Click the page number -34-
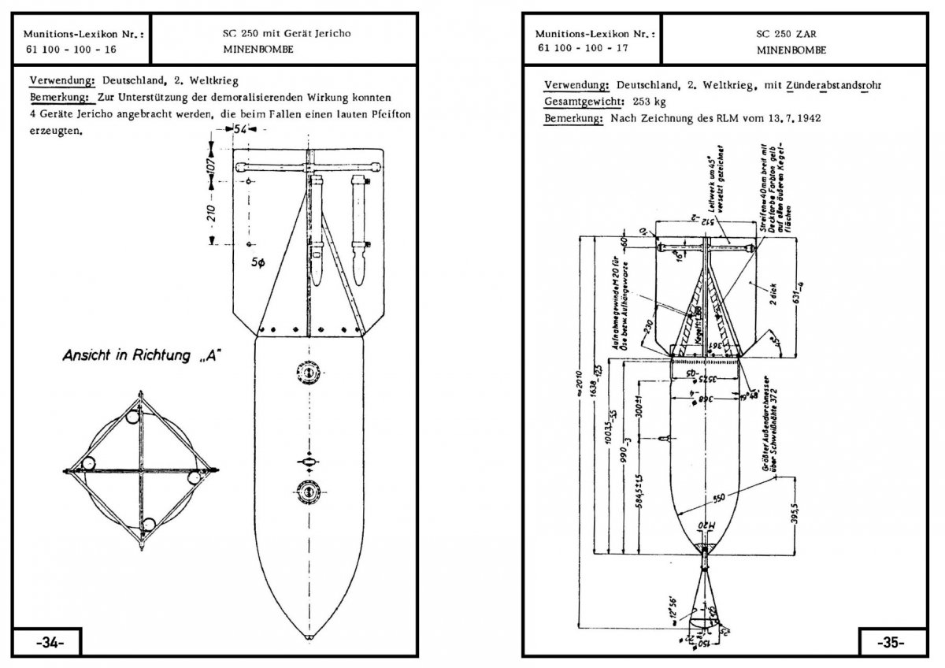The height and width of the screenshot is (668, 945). pos(49,642)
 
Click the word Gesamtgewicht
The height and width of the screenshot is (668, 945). pos(575,102)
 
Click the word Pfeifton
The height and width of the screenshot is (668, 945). pos(390,115)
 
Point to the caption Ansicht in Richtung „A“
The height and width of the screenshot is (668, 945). pos(143,356)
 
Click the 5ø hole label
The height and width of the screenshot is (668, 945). pos(258,264)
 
